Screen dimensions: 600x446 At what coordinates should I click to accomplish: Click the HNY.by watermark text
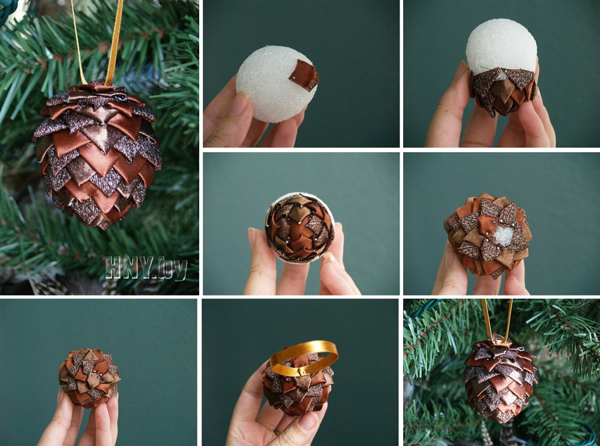[x=146, y=268]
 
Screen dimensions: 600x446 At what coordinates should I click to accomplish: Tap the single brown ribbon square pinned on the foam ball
[x=304, y=76]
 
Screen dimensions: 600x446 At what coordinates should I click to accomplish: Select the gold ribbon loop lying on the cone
[x=304, y=357]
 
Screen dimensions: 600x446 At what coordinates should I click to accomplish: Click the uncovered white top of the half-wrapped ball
[x=501, y=44]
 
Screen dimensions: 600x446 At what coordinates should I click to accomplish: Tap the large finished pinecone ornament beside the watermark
[x=97, y=155]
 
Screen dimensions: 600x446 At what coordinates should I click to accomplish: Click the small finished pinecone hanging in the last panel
[x=500, y=378]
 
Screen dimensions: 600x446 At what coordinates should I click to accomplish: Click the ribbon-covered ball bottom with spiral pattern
[x=300, y=228]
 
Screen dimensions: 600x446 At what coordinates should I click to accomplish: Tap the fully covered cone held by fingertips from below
[x=89, y=377]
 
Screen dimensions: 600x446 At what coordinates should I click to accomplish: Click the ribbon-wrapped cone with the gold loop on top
[x=298, y=384]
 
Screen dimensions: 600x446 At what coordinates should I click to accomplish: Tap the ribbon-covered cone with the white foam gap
[x=488, y=234]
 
